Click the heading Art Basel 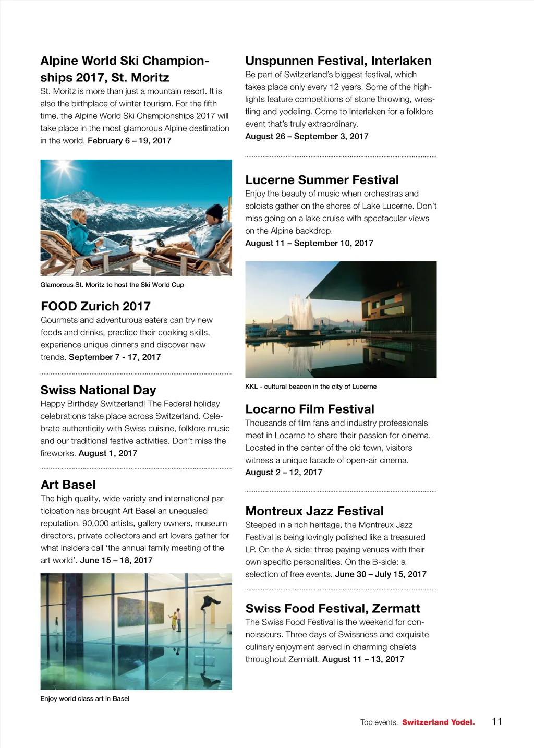[x=68, y=485]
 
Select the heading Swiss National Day [x=98, y=390]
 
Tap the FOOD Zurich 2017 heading [x=95, y=306]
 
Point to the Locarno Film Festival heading [x=310, y=409]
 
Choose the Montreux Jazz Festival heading [x=314, y=511]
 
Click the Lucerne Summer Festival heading [x=322, y=180]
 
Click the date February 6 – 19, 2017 [x=129, y=141]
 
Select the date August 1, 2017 [x=108, y=453]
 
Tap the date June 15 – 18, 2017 [x=116, y=560]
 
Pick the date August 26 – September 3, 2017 [x=307, y=136]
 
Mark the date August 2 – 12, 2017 [x=284, y=473]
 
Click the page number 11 [x=497, y=721]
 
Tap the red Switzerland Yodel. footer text [x=438, y=722]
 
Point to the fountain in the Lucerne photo [x=301, y=313]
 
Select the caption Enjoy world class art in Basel [x=85, y=699]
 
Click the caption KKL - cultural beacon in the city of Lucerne [x=311, y=387]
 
